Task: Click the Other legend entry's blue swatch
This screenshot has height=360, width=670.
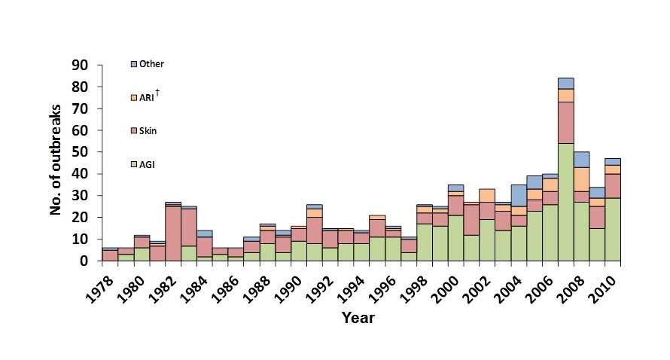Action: [x=134, y=65]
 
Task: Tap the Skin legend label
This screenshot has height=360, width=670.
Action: [x=148, y=131]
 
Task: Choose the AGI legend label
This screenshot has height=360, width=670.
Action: [x=148, y=163]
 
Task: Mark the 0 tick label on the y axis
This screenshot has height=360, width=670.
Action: [x=86, y=261]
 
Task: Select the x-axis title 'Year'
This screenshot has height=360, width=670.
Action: [x=358, y=318]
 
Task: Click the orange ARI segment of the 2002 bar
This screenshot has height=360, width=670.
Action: [x=486, y=195]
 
